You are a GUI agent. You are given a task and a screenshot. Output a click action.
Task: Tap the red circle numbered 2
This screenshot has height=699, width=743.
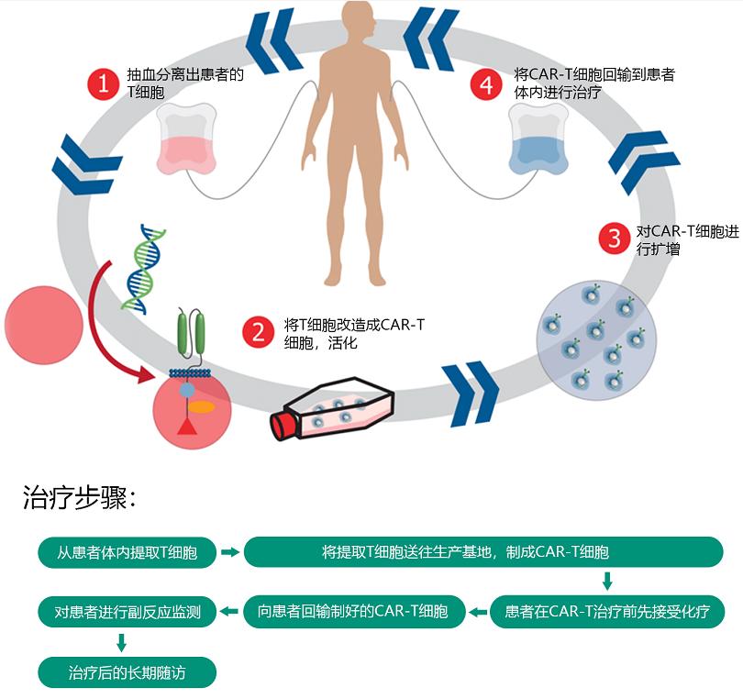click(259, 332)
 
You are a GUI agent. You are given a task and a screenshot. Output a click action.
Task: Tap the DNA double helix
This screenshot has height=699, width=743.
click(139, 267)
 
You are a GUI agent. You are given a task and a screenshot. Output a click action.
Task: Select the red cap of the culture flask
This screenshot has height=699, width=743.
click(287, 423)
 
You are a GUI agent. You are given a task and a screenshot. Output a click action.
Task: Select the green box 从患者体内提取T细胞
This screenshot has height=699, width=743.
click(128, 552)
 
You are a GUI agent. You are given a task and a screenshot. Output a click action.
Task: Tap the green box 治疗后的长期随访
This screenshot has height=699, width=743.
click(128, 672)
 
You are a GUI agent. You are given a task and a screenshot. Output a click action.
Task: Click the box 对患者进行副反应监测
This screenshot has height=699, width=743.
click(128, 611)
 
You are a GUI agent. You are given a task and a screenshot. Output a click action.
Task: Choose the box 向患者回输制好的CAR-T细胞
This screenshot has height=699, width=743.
click(353, 611)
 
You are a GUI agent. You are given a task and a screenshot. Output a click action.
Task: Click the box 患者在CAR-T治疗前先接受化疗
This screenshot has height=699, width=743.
click(607, 611)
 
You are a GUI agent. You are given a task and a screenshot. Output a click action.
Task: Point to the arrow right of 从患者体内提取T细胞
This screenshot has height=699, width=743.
click(230, 552)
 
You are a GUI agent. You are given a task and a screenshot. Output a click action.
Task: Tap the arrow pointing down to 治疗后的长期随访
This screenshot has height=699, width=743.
click(121, 642)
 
